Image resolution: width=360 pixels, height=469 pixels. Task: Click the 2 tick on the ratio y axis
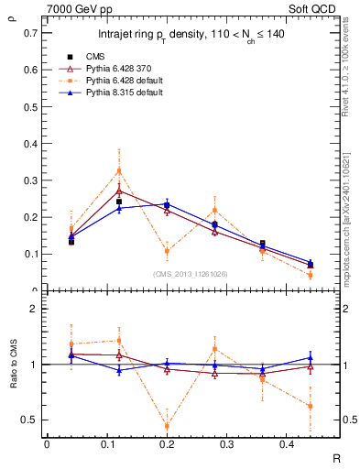pyautogui.click(x=37, y=309)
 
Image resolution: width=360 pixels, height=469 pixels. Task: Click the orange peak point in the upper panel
pyautogui.click(x=119, y=170)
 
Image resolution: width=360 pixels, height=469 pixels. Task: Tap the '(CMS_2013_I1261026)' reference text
pyautogui.click(x=191, y=273)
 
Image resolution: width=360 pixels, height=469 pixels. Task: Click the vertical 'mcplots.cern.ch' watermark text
pyautogui.click(x=349, y=220)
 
